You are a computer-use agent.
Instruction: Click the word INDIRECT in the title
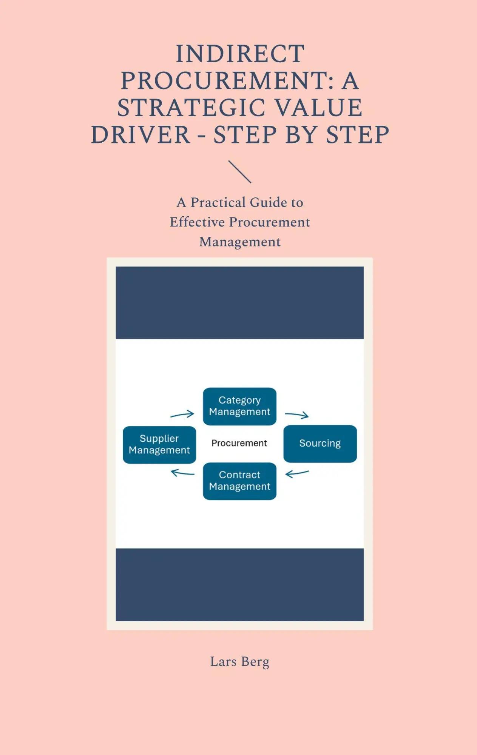click(240, 54)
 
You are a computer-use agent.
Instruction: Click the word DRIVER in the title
click(140, 135)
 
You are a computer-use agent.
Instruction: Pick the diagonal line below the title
click(240, 172)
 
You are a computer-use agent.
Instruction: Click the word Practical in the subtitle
click(220, 202)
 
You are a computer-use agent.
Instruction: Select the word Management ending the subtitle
click(240, 242)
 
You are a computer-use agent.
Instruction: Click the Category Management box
click(240, 406)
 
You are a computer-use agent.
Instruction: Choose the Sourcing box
click(320, 444)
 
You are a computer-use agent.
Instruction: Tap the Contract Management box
click(240, 481)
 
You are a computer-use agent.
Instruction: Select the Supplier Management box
click(159, 445)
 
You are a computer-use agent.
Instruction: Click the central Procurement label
click(239, 443)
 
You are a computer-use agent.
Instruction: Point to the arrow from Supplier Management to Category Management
click(182, 414)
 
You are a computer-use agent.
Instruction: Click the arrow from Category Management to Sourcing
click(297, 415)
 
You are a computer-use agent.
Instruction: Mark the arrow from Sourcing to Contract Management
click(297, 473)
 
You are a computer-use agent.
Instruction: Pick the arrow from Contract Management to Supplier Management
click(182, 473)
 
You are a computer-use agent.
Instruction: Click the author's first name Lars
click(223, 662)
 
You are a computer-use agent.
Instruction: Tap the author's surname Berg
click(255, 662)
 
